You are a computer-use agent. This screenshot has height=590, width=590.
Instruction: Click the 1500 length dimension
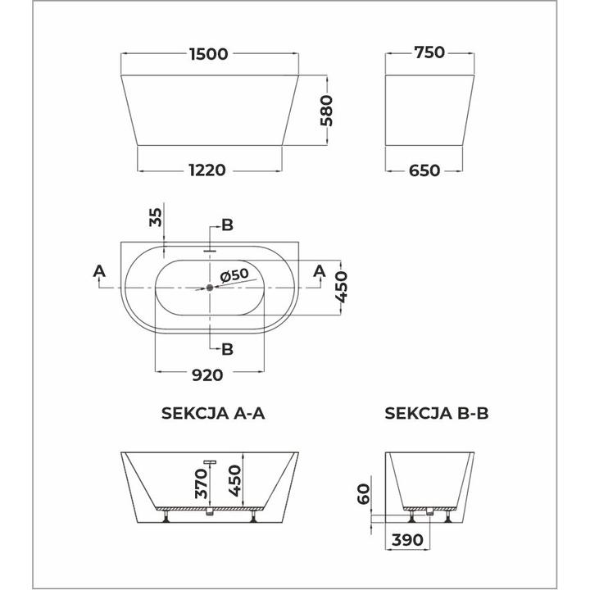[x=211, y=53]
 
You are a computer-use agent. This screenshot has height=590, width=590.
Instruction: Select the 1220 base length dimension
[x=209, y=170]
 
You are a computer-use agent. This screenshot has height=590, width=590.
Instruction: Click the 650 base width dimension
[x=425, y=170]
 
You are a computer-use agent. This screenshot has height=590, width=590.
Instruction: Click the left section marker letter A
[x=98, y=271]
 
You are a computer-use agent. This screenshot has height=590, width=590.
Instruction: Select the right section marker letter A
[x=320, y=271]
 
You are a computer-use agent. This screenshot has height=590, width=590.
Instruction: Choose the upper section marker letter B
[x=228, y=225]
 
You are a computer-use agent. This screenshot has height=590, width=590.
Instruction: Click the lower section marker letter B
[x=228, y=349]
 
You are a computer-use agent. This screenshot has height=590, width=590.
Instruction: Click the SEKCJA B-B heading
[x=437, y=414]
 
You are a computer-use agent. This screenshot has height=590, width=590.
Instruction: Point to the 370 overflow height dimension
[x=200, y=484]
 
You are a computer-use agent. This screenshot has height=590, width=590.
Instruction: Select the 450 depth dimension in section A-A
[x=234, y=479]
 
